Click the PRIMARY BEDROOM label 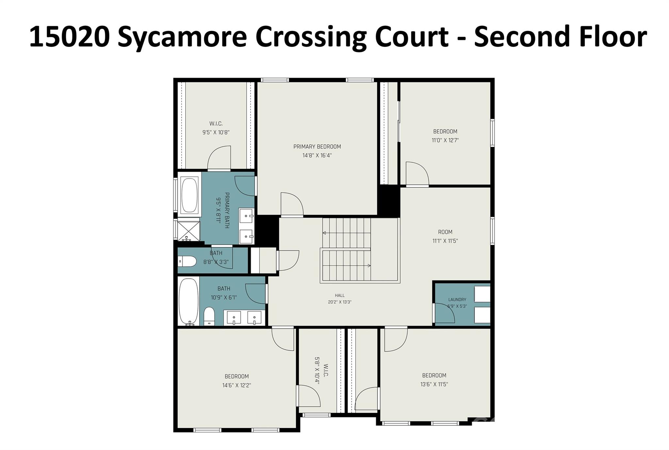coord(317,147)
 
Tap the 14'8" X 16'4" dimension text coord(317,156)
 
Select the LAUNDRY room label coord(457,299)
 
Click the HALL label coord(340,295)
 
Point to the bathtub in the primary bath coord(189,195)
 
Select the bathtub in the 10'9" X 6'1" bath coord(188,302)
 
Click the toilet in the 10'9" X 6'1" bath coord(209,316)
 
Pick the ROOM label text coord(445,232)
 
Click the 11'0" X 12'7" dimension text coord(445,140)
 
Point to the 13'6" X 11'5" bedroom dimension coord(434,384)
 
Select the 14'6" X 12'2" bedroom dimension coord(237,385)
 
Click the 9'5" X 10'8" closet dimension coord(216,132)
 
